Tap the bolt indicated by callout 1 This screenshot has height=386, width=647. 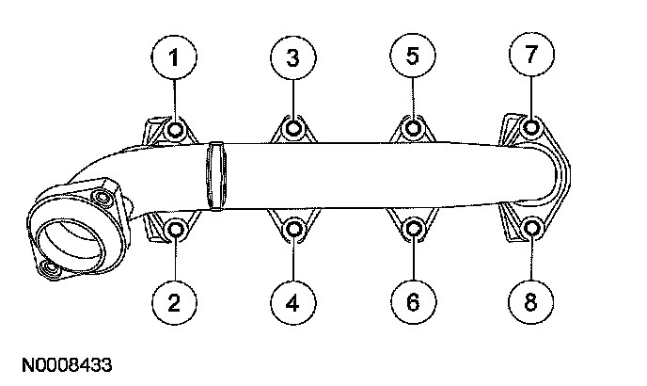tap(175, 129)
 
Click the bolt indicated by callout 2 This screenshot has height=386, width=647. tap(175, 229)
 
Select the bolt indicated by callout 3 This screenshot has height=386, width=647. tap(293, 128)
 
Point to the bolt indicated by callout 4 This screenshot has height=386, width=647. tap(293, 229)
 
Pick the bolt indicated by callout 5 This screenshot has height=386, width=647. tap(413, 128)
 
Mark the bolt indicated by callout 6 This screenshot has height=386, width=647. tap(413, 229)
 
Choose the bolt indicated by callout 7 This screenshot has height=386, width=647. tap(531, 128)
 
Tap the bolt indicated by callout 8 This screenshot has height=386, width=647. tap(531, 229)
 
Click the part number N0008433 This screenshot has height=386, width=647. tap(63, 361)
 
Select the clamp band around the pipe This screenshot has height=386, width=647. tap(216, 176)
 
